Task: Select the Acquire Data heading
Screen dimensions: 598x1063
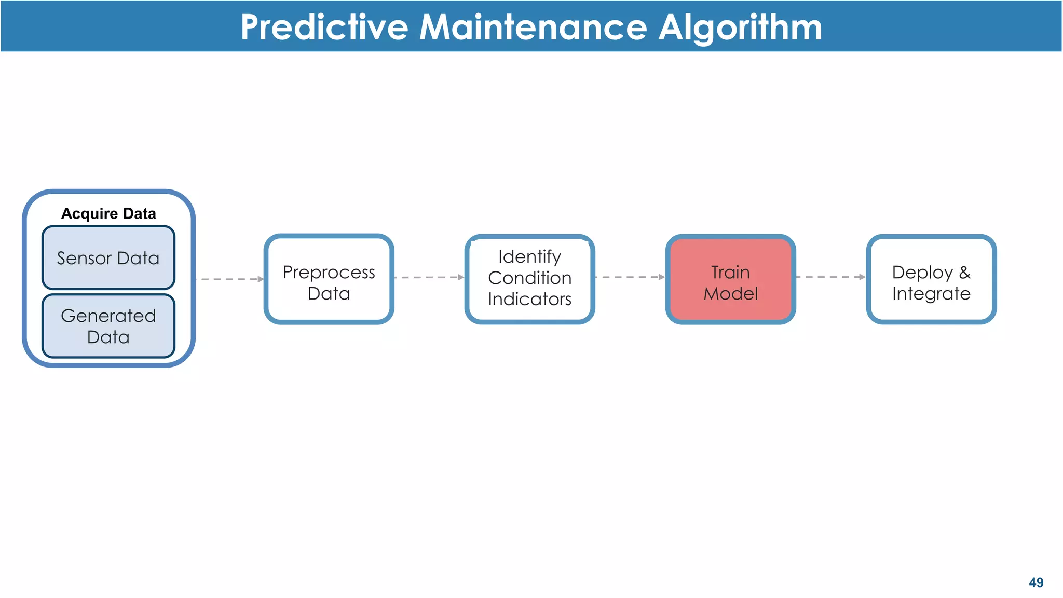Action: point(108,213)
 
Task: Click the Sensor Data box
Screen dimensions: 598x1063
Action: point(108,258)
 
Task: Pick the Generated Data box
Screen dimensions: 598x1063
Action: point(108,326)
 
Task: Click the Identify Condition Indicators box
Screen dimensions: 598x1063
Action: point(529,279)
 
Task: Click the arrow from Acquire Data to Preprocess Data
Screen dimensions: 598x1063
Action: point(231,279)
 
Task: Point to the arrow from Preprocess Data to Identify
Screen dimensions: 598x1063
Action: point(429,277)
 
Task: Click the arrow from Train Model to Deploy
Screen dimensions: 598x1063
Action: point(830,277)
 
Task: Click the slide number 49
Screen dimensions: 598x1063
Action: point(1035,582)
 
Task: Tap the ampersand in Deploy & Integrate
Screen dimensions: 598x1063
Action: point(964,272)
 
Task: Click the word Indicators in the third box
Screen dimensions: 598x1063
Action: point(529,299)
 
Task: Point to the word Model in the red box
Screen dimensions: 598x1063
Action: point(730,294)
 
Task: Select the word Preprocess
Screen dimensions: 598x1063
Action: point(329,273)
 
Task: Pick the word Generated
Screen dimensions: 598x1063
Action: point(108,316)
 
